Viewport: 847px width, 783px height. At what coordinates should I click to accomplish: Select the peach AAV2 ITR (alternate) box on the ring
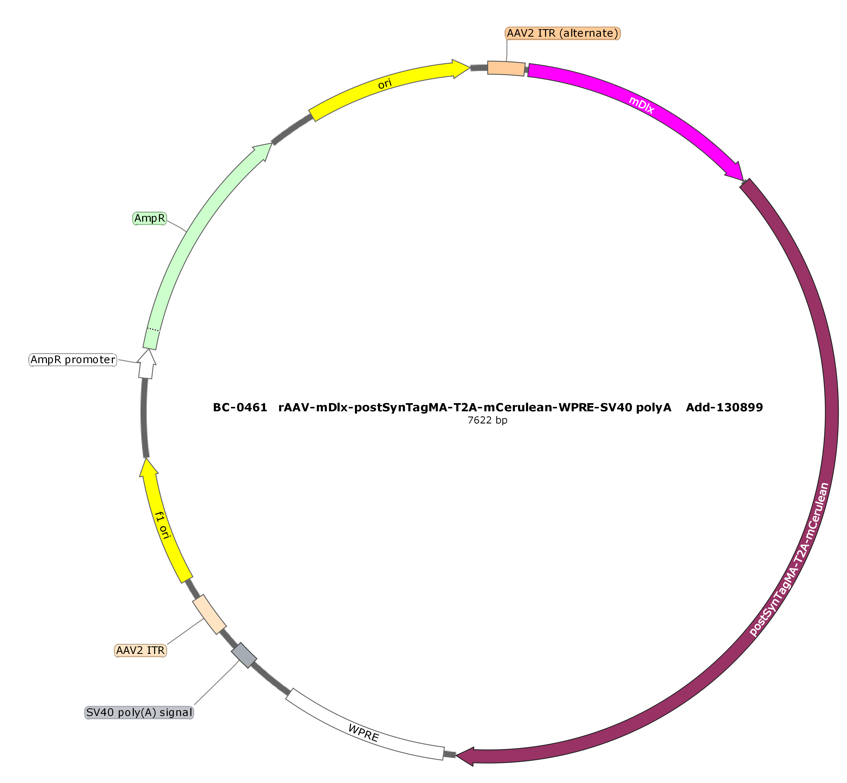pos(506,68)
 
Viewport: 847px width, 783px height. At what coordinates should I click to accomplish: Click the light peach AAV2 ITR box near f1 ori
pos(209,614)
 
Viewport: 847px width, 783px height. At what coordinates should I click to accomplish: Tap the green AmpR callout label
pos(150,218)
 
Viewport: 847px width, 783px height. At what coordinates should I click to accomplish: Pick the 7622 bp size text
pos(487,421)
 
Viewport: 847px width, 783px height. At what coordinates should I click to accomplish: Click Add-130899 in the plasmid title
pos(725,408)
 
